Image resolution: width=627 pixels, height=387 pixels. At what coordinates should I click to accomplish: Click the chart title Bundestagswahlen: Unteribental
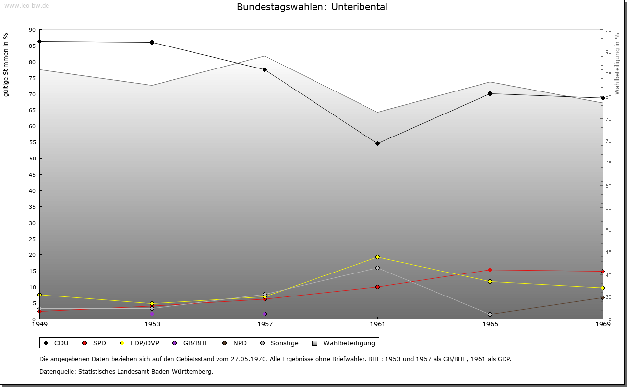pos(312,7)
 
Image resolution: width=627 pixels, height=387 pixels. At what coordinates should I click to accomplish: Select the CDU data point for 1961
pos(377,143)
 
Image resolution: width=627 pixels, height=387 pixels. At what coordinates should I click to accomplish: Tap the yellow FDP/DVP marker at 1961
pos(377,257)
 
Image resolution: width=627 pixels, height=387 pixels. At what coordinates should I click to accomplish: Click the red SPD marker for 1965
pos(490,270)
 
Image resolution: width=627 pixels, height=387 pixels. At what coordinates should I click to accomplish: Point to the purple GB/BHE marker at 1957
pos(265,314)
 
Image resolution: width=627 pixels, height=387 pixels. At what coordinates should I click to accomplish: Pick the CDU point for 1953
pos(152,42)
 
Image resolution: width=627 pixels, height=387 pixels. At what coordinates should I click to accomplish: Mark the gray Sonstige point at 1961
pos(377,268)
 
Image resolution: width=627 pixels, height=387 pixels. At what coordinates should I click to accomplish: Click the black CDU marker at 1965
pos(490,93)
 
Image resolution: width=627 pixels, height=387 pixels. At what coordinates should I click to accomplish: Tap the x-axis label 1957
pos(265,324)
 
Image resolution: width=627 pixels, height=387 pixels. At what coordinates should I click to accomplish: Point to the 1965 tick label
pos(490,324)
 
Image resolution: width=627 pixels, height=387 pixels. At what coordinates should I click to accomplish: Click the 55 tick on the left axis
pos(32,142)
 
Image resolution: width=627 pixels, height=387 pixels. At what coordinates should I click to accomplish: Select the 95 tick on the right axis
pos(608,30)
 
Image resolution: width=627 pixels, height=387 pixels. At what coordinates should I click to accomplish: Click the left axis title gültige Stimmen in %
pos(6,65)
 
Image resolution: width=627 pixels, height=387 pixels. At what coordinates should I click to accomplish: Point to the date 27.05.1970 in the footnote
pos(248,359)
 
